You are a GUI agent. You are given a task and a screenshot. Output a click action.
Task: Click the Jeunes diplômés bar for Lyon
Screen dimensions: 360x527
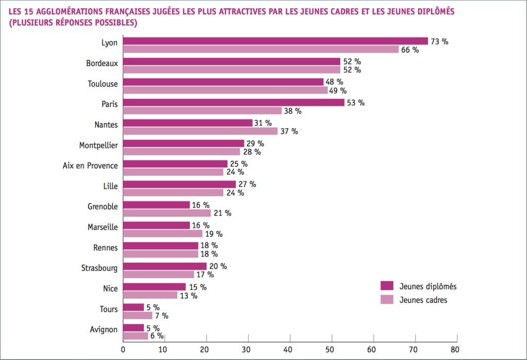pos(275,41)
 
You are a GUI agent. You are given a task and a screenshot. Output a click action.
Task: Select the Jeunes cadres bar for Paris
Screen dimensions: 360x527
pos(202,111)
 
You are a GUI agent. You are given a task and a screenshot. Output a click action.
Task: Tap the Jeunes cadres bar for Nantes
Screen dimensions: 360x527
pos(200,131)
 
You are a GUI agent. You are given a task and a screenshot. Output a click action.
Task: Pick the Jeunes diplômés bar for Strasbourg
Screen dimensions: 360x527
pos(165,266)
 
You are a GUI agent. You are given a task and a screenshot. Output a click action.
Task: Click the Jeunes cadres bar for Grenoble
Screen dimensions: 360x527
pos(167,213)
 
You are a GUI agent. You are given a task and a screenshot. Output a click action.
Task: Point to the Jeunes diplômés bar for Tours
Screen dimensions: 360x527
pos(133,307)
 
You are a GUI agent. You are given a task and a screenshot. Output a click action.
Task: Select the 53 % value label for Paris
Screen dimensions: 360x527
pos(355,102)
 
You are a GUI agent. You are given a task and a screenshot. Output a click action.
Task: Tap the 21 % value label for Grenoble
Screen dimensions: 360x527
pos(222,213)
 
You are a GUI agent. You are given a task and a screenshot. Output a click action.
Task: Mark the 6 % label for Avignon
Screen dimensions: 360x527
pos(157,336)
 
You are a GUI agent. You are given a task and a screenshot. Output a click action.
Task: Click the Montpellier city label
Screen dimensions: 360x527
pos(98,145)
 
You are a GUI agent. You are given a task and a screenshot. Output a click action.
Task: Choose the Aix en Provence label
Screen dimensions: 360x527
pos(90,165)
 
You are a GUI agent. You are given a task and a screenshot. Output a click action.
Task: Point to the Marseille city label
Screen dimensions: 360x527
pos(102,227)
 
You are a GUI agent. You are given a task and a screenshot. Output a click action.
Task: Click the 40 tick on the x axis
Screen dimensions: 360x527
pos(290,349)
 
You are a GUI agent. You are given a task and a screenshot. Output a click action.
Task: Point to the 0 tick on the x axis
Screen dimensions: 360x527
pos(123,349)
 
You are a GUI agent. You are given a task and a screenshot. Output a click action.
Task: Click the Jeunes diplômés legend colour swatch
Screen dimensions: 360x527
pos(387,286)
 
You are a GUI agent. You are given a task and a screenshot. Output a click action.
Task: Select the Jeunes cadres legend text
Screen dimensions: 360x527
pos(424,300)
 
